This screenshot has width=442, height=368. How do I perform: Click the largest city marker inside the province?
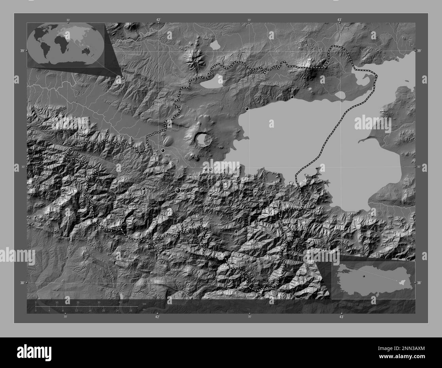[x=178, y=191]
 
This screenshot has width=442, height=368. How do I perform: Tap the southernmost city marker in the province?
[x=236, y=231]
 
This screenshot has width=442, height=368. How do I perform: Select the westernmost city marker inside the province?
[x=144, y=188]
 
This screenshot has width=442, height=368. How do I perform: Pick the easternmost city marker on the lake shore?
[x=292, y=97]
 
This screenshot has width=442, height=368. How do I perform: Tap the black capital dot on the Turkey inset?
[x=364, y=276]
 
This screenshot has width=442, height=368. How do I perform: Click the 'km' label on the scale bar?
[x=144, y=303]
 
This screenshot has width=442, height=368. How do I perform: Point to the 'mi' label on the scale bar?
[x=144, y=309]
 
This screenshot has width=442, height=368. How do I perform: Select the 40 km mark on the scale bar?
[x=120, y=302]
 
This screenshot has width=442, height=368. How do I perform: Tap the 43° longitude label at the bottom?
[x=341, y=317]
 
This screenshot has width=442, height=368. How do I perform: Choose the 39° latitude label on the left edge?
[x=22, y=51]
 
